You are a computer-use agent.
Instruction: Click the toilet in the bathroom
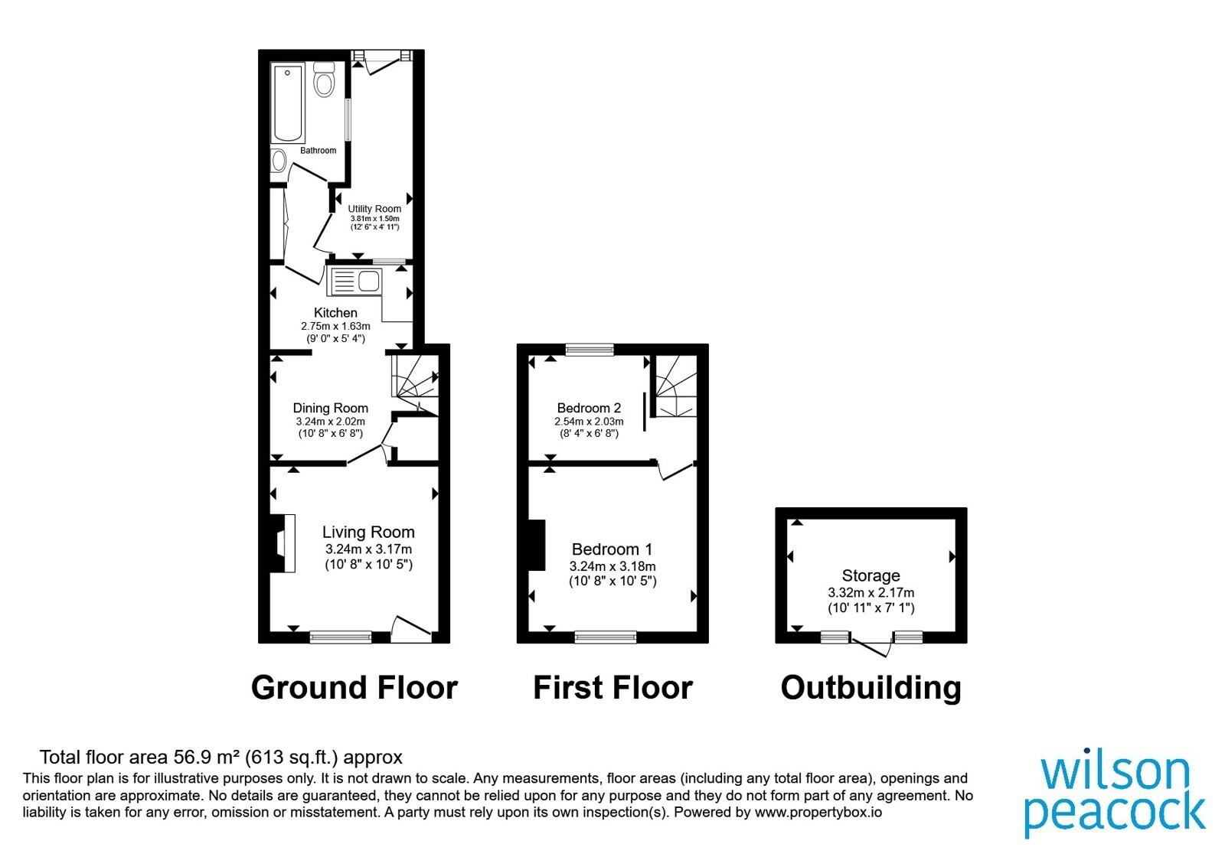[x=325, y=80]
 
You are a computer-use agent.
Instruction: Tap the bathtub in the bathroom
[x=288, y=103]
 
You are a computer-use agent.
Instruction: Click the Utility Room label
[x=374, y=209]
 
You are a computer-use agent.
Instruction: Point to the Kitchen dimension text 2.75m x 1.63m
[x=335, y=326]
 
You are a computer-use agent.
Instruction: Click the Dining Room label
[x=330, y=408]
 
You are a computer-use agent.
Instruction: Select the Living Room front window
[x=341, y=637]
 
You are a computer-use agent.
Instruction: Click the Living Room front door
[x=411, y=629]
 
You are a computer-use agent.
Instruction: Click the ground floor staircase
[x=416, y=383]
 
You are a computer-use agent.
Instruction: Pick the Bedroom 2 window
[x=590, y=349]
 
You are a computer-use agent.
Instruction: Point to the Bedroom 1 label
[x=612, y=549]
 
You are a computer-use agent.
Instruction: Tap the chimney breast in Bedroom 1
[x=537, y=545]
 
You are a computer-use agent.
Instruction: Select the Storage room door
[x=872, y=646]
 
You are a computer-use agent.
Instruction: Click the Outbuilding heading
[x=871, y=688]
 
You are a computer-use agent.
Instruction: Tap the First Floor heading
[x=612, y=688]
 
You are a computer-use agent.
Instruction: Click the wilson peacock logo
[x=1114, y=795]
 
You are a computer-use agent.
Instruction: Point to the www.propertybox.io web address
[x=818, y=812]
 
